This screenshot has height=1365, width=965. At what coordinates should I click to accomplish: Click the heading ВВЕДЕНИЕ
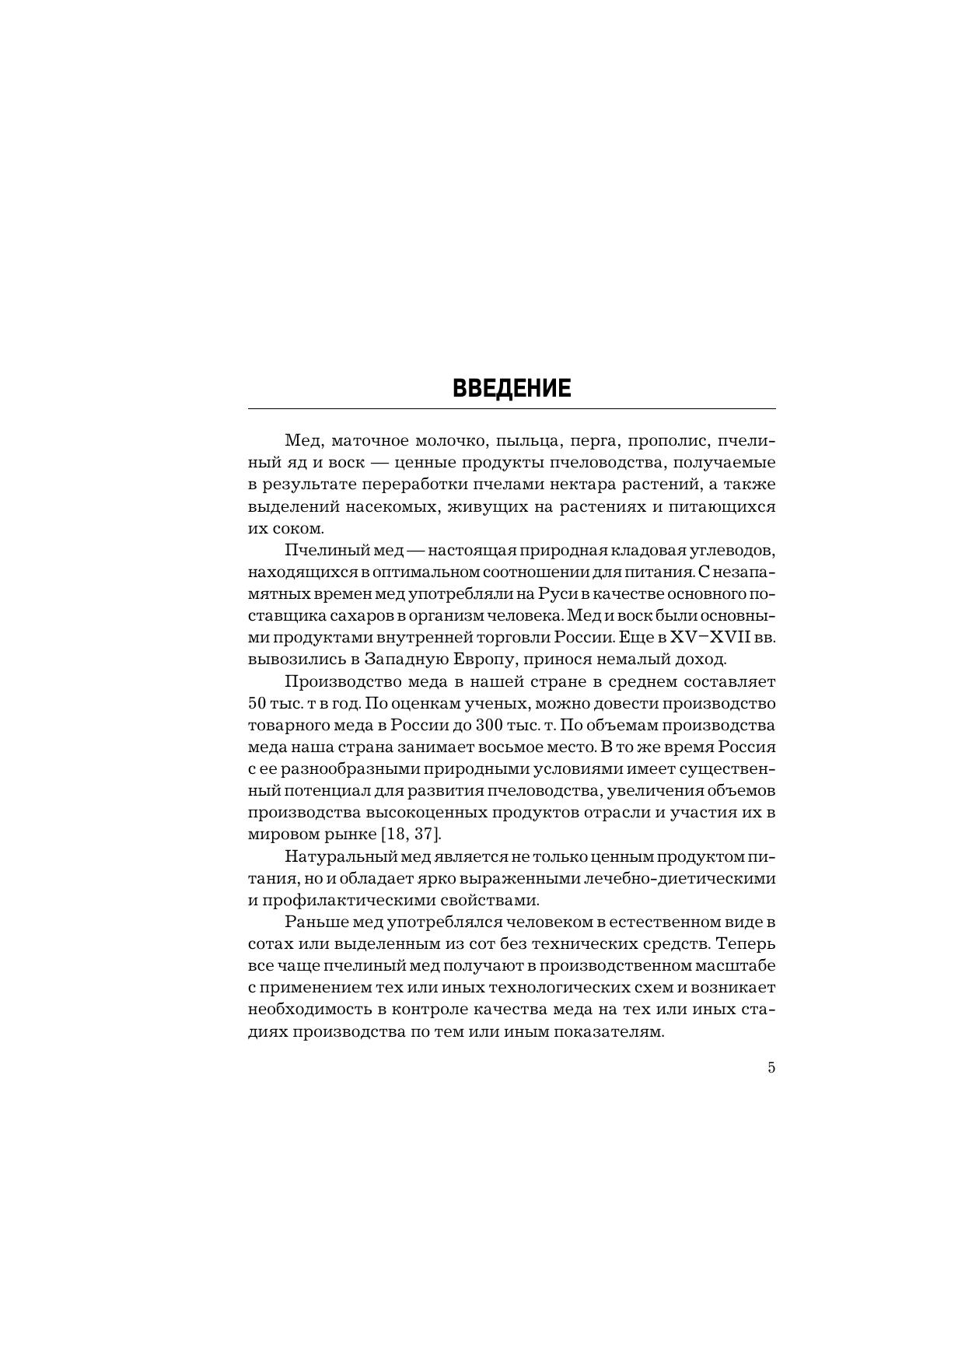(x=511, y=389)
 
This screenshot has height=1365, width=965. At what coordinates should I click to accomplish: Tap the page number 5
(x=771, y=1068)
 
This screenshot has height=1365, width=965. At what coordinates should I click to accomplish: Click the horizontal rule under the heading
(x=511, y=408)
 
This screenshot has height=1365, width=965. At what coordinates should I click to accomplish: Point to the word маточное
(x=369, y=441)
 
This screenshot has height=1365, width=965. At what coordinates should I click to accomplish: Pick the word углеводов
(x=739, y=551)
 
